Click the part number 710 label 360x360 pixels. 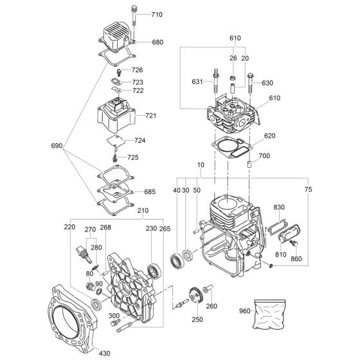pos(157,15)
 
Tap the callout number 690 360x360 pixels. pos(57,145)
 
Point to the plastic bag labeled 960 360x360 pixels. pos(269,314)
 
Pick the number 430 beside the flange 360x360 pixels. pos(104,353)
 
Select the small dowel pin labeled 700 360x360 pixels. pos(249,165)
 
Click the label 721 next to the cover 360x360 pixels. pos(151,115)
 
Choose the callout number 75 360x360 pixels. pos(308,189)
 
